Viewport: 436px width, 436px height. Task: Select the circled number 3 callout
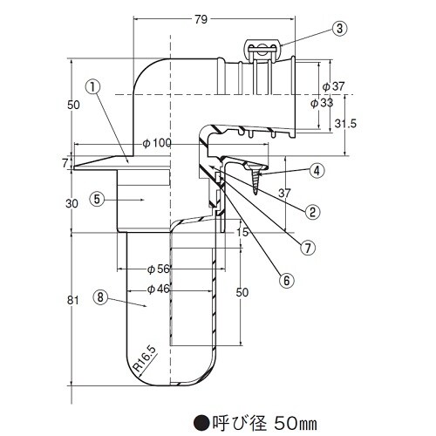coord(339,28)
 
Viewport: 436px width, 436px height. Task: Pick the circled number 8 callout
coord(101,296)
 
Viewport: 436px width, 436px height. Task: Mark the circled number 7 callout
coord(306,246)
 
